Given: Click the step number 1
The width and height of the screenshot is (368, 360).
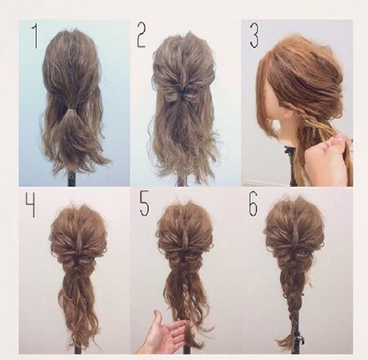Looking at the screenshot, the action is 35,36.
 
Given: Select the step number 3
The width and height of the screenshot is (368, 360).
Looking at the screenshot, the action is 254,36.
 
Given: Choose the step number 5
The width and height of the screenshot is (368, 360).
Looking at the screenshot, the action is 145,204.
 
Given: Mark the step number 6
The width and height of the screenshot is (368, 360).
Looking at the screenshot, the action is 253,204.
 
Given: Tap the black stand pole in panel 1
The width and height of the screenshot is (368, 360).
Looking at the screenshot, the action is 72,178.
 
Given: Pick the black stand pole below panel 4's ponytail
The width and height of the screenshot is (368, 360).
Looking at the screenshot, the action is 78,349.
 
